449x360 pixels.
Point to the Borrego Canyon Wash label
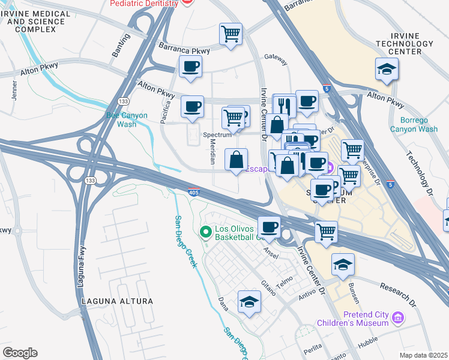pos(414,124)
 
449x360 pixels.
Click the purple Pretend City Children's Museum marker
pos(397,317)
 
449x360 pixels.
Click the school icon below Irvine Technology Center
pos(387,70)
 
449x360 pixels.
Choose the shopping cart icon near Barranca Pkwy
pos(231,35)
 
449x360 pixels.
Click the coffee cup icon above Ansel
pos(269,227)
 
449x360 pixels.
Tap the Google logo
pos(20,352)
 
